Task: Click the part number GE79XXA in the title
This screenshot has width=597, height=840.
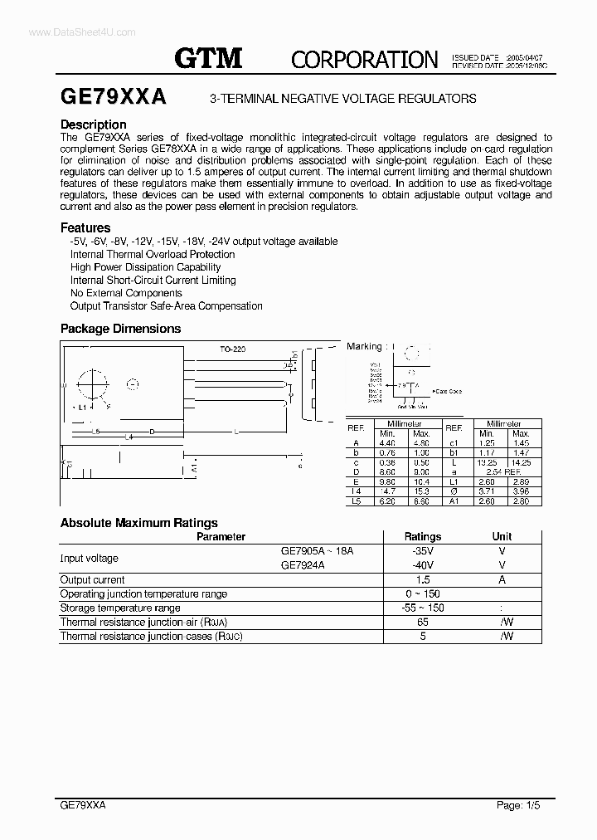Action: [x=114, y=97]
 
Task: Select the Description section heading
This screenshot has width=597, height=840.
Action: [x=94, y=125]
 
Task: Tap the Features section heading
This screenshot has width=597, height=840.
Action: [x=85, y=227]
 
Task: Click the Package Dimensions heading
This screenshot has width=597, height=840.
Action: [x=120, y=329]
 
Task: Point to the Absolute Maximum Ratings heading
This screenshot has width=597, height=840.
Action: [x=139, y=523]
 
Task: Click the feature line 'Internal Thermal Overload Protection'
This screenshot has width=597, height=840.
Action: [x=153, y=254]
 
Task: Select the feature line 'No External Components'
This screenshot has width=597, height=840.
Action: [x=126, y=293]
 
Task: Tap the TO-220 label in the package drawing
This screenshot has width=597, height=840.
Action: [x=232, y=349]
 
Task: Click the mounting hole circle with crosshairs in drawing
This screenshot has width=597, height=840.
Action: [x=93, y=385]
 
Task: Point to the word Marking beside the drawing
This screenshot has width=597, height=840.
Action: [x=364, y=346]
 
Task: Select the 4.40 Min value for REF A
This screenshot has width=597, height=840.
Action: [x=387, y=443]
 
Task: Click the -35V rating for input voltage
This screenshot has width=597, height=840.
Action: [x=423, y=550]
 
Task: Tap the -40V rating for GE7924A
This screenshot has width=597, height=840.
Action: [x=423, y=564]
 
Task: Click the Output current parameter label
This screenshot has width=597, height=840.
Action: [x=93, y=579]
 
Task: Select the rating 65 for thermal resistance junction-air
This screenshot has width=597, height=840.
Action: [x=423, y=622]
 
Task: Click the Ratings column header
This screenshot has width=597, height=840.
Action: [x=423, y=536]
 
